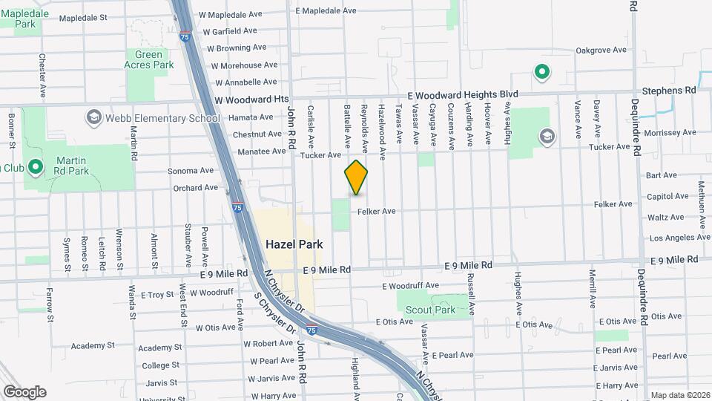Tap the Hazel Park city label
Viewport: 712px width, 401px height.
[x=294, y=244]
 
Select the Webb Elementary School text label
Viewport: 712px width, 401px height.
[x=163, y=117]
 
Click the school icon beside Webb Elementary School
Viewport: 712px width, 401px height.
[x=94, y=117]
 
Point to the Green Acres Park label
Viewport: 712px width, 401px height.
[x=154, y=59]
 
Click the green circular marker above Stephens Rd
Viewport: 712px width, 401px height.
[x=542, y=72]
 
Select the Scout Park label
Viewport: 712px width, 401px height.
[x=435, y=310]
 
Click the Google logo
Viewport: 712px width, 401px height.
[x=24, y=391]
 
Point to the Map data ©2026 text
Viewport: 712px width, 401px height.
[x=680, y=395]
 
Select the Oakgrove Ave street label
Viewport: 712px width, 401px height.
[x=601, y=50]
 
